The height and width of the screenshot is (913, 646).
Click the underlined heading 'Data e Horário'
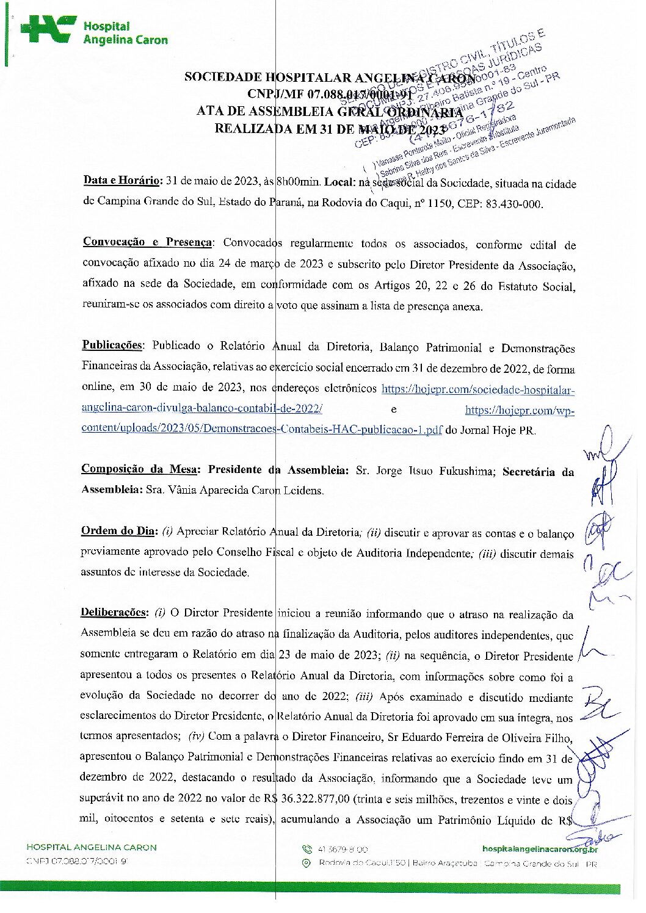pos(122,180)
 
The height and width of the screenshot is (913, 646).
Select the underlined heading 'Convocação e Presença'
pos(147,242)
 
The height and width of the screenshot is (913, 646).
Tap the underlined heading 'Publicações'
pos(112,345)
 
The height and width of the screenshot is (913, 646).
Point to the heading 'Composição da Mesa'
pos(139,469)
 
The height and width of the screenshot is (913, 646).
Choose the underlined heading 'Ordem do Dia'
pos(118,530)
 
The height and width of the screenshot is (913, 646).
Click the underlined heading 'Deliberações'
pos(114,612)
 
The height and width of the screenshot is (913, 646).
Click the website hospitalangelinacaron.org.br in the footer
pos(540,849)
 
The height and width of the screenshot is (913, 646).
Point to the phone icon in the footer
pos(307,849)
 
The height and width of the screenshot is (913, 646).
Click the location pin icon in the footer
pos(307,863)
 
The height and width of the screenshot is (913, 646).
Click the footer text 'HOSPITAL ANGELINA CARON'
pos(91,847)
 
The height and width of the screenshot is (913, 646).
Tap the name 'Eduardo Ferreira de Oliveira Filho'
pos(479,737)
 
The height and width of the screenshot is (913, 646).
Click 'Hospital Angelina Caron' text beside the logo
pos(125,33)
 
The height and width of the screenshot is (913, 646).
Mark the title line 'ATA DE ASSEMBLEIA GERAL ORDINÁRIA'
pos(330,112)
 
